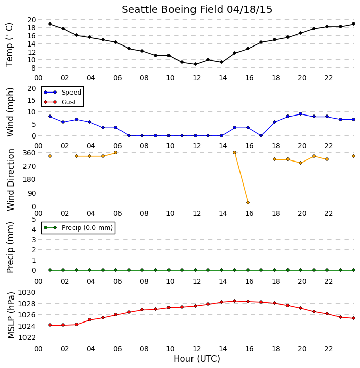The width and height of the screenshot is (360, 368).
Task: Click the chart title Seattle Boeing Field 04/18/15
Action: [x=197, y=10]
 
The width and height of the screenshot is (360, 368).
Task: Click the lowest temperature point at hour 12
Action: [x=195, y=64]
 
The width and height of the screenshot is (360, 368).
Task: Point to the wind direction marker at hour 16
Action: [x=248, y=202]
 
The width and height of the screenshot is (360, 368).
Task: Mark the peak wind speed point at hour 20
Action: [x=300, y=114]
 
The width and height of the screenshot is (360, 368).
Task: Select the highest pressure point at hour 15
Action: [x=234, y=301]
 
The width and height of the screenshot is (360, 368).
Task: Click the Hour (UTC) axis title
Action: [x=197, y=359]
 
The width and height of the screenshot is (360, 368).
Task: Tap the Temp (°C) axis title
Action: [x=9, y=44]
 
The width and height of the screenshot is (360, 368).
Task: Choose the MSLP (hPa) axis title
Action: [x=11, y=315]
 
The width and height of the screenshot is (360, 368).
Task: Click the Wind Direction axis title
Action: [x=11, y=180]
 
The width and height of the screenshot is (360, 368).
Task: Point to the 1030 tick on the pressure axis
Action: [x=27, y=292]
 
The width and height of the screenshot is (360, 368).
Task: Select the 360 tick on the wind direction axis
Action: [x=30, y=153]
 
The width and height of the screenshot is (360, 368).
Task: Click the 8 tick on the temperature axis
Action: [x=33, y=68]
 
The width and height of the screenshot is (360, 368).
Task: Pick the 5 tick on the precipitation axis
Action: [x=34, y=219]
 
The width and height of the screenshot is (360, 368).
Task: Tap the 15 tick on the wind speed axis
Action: [x=32, y=100]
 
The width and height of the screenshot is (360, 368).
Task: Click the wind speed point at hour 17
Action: [x=261, y=135]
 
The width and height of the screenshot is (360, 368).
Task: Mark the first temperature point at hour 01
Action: [x=50, y=24]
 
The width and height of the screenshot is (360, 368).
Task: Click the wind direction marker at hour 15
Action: [x=234, y=152]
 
